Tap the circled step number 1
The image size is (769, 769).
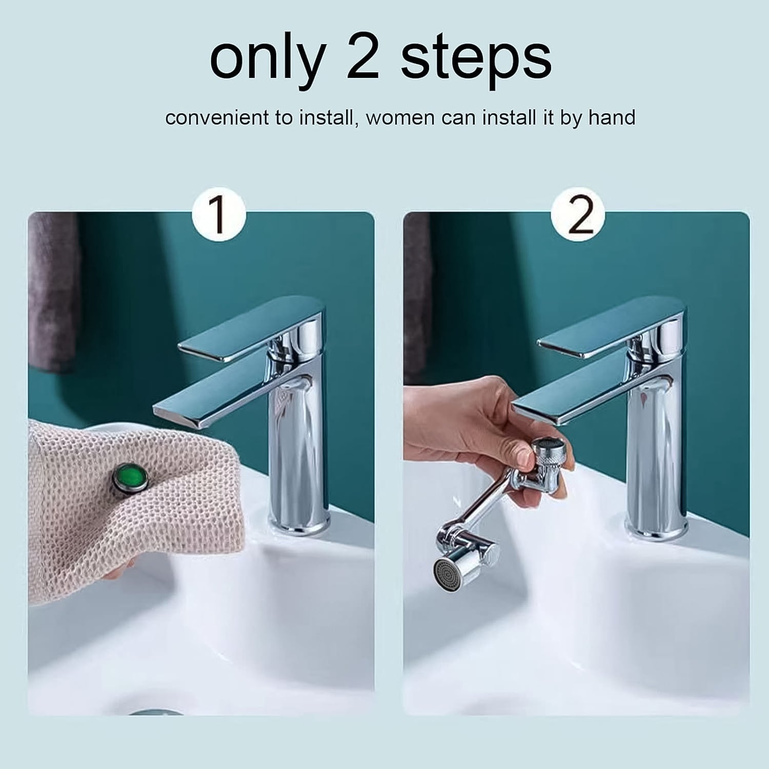tap(219, 216)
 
